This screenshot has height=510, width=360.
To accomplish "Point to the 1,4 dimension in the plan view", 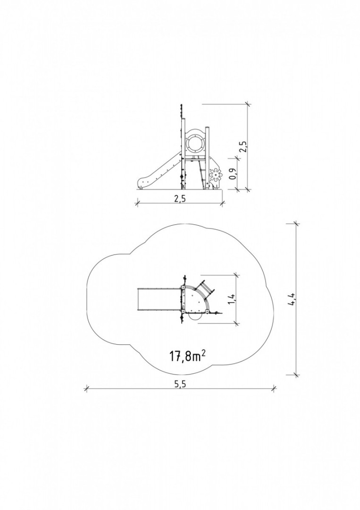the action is pyautogui.click(x=232, y=298).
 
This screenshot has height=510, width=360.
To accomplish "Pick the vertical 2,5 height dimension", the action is pyautogui.click(x=243, y=146).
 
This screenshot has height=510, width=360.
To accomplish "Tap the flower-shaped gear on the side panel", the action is pyautogui.click(x=215, y=176).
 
